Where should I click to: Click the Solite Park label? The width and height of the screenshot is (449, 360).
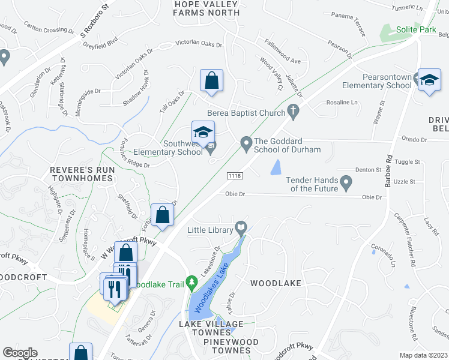[415, 29]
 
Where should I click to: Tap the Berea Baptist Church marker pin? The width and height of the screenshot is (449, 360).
[294, 110]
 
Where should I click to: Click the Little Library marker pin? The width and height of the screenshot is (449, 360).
[241, 227]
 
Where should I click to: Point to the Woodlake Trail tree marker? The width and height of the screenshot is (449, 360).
[192, 281]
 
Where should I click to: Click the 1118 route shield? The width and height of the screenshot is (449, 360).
[235, 175]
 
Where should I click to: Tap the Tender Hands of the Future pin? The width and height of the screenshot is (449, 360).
[346, 181]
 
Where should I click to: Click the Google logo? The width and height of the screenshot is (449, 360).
[20, 353]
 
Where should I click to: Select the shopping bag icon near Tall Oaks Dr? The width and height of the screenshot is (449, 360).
[211, 80]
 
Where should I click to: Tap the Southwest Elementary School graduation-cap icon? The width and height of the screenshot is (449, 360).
[203, 132]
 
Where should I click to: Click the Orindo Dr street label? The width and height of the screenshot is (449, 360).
[414, 139]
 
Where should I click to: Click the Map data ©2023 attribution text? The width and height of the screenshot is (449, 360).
[424, 355]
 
